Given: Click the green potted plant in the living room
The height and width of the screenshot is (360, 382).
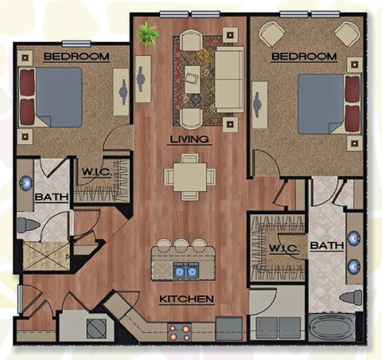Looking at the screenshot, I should click(147, 34).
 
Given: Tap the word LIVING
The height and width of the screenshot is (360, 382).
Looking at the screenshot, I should click(190, 139).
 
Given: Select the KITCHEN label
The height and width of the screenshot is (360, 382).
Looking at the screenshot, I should click(186, 299).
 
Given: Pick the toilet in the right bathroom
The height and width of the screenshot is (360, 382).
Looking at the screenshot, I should click(351, 298).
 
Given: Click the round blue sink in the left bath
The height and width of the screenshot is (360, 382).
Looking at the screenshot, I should click(26, 181).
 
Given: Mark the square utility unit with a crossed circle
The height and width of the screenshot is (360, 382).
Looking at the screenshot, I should click(95, 327).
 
